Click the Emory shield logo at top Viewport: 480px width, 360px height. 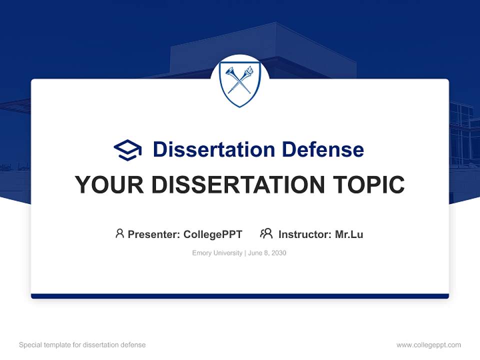[x=239, y=84]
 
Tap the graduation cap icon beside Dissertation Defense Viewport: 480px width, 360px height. [x=127, y=149]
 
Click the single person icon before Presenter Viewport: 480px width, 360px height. [x=119, y=233]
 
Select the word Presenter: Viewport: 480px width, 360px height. [x=154, y=234]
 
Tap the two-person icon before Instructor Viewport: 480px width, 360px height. [x=266, y=233]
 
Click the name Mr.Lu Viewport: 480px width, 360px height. [x=349, y=234]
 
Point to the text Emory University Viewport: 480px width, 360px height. [x=217, y=253]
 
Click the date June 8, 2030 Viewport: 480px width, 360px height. [x=267, y=253]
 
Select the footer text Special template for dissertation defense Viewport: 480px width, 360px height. [x=82, y=345]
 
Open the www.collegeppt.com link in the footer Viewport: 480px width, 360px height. [x=428, y=345]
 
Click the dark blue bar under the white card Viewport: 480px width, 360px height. [x=240, y=296]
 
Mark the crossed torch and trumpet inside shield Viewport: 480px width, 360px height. [x=239, y=81]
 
